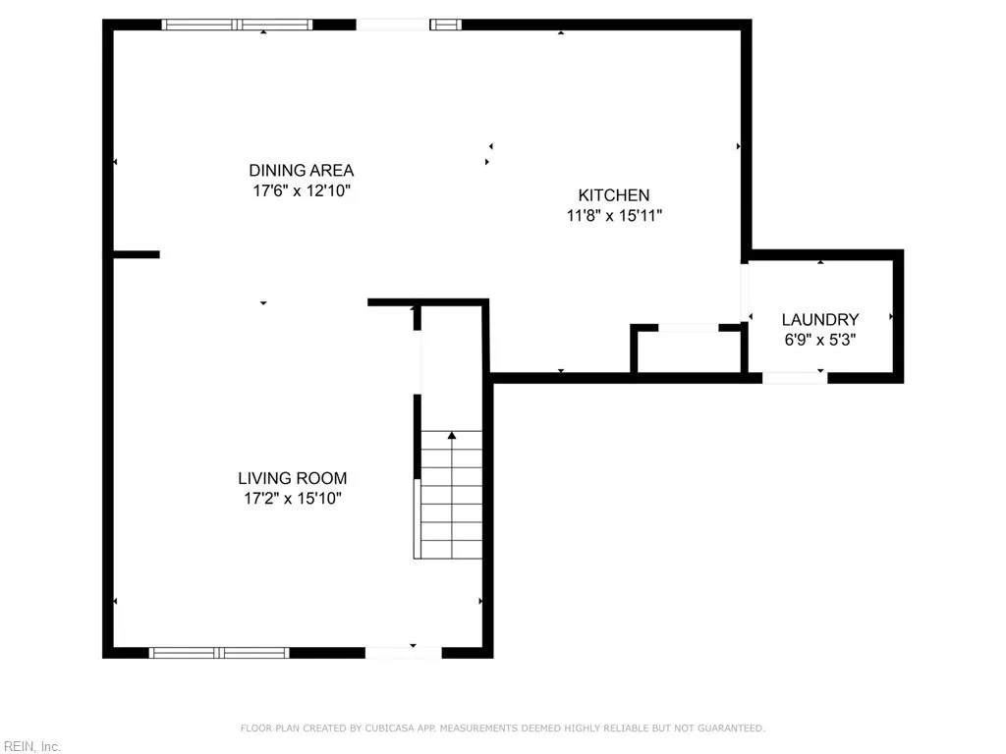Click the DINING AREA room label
[x=301, y=170]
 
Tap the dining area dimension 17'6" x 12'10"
[x=301, y=190]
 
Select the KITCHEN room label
[x=613, y=195]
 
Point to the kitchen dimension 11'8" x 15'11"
[x=613, y=216]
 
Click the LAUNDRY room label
[x=820, y=319]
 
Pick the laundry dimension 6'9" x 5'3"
[x=820, y=339]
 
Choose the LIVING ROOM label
[x=292, y=478]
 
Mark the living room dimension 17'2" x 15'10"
[x=292, y=499]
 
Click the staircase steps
[x=451, y=501]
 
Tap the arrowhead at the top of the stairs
[x=452, y=434]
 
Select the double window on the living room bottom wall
[x=219, y=652]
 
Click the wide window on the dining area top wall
[x=237, y=25]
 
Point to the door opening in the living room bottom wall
[x=403, y=651]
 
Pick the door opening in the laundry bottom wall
[x=794, y=377]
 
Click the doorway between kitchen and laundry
[x=746, y=292]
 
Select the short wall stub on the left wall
[x=135, y=255]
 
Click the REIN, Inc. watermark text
[x=31, y=746]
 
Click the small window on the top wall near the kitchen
[x=445, y=25]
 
